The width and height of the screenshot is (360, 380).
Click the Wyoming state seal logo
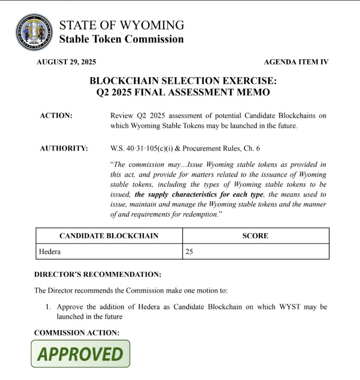click(x=34, y=32)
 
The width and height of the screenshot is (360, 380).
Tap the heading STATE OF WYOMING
click(x=121, y=25)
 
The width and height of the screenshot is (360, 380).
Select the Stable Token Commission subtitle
click(x=121, y=39)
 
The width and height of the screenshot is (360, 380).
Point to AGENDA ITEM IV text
click(x=296, y=62)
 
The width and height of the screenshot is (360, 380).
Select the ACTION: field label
click(x=56, y=116)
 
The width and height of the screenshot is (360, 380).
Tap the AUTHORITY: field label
click(x=64, y=148)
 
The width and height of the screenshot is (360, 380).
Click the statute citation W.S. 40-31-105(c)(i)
click(x=146, y=148)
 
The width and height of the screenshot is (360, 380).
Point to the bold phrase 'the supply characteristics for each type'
click(x=198, y=194)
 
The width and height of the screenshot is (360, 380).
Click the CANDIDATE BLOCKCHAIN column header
click(x=109, y=235)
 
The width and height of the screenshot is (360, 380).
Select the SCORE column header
click(x=255, y=235)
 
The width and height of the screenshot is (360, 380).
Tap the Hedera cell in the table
click(x=49, y=252)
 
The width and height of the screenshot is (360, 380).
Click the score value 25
click(x=189, y=252)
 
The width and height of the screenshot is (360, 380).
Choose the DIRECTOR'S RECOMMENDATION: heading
click(x=98, y=275)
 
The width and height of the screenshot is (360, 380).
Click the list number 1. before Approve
click(x=48, y=307)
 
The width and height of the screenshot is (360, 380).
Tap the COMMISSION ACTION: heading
click(x=76, y=333)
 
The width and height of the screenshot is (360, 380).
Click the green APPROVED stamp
click(x=81, y=354)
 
